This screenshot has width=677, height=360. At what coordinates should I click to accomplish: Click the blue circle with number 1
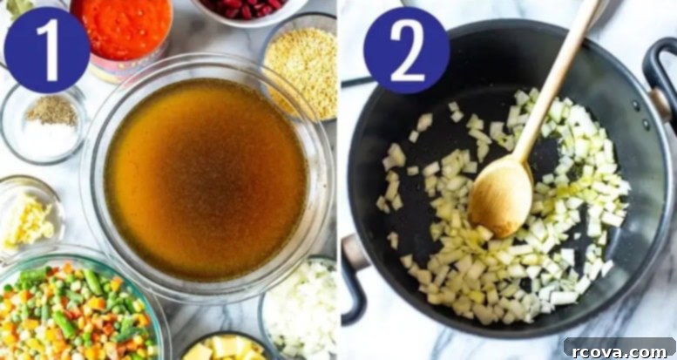(x=47, y=50)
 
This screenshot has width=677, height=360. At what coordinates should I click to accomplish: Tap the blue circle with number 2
(x=407, y=51)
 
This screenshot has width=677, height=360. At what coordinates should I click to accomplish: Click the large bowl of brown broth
(x=206, y=178)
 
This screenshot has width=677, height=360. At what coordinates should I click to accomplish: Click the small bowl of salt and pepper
(x=44, y=123)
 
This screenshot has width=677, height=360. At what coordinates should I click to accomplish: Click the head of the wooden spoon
(x=501, y=198)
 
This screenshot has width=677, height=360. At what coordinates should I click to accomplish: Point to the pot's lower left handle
(x=353, y=276)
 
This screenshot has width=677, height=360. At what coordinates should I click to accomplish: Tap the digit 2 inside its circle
(x=407, y=51)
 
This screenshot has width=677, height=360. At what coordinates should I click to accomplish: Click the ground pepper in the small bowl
(x=51, y=111)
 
